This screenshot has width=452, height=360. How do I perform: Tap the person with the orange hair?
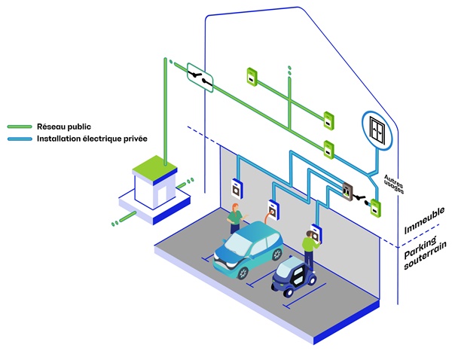point(235,217)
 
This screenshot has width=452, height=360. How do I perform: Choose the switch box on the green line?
point(200,75)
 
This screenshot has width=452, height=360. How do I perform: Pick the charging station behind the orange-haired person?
point(237,186)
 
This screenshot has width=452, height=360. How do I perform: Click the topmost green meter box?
point(252,76)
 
